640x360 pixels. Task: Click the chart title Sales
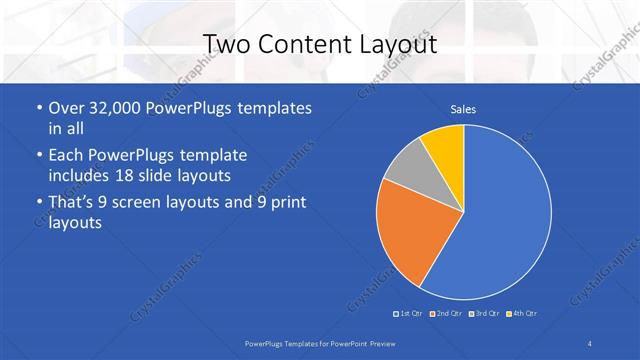click(463, 109)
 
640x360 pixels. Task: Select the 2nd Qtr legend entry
click(446, 314)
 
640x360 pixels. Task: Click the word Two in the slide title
click(226, 44)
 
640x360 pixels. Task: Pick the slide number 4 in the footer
click(589, 344)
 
